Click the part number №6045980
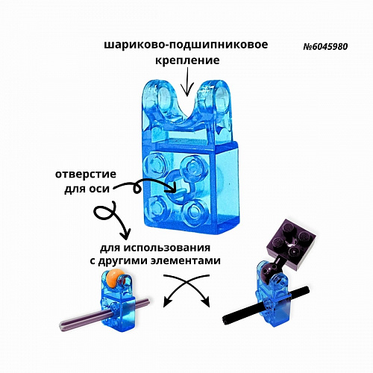click(x=325, y=46)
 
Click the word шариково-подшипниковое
click(x=186, y=45)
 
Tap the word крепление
click(x=187, y=60)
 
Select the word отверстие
click(x=86, y=174)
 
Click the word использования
click(x=168, y=248)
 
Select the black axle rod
click(x=266, y=304)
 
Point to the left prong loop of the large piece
click(x=160, y=98)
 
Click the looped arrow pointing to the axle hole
click(x=145, y=186)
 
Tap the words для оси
click(x=87, y=189)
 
